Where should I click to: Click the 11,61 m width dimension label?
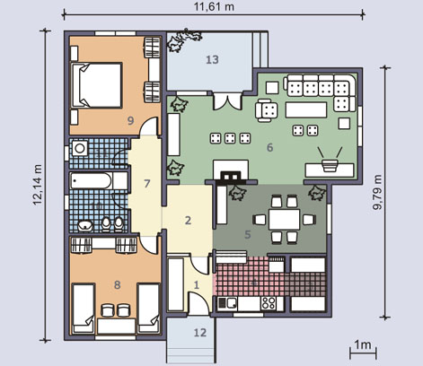[x=214, y=6]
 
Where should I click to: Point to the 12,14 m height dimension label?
[x=37, y=185]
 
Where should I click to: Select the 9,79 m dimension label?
[x=378, y=192]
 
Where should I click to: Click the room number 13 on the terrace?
[x=212, y=60]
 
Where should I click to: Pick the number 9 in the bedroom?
[x=130, y=121]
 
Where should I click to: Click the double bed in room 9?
[x=97, y=85]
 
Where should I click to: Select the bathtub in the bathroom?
[x=91, y=181]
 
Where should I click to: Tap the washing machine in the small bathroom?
[x=79, y=148]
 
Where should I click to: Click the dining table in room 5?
[x=284, y=220]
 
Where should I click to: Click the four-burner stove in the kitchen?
[x=269, y=303]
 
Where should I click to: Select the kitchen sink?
[x=227, y=303]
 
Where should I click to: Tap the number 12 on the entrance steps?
[x=200, y=333]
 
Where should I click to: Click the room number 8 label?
[x=118, y=284]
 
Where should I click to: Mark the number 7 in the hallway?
[x=146, y=184]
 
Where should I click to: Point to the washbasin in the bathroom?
[x=85, y=226]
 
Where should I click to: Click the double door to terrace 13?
[x=227, y=101]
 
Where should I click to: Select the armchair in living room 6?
[x=267, y=110]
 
